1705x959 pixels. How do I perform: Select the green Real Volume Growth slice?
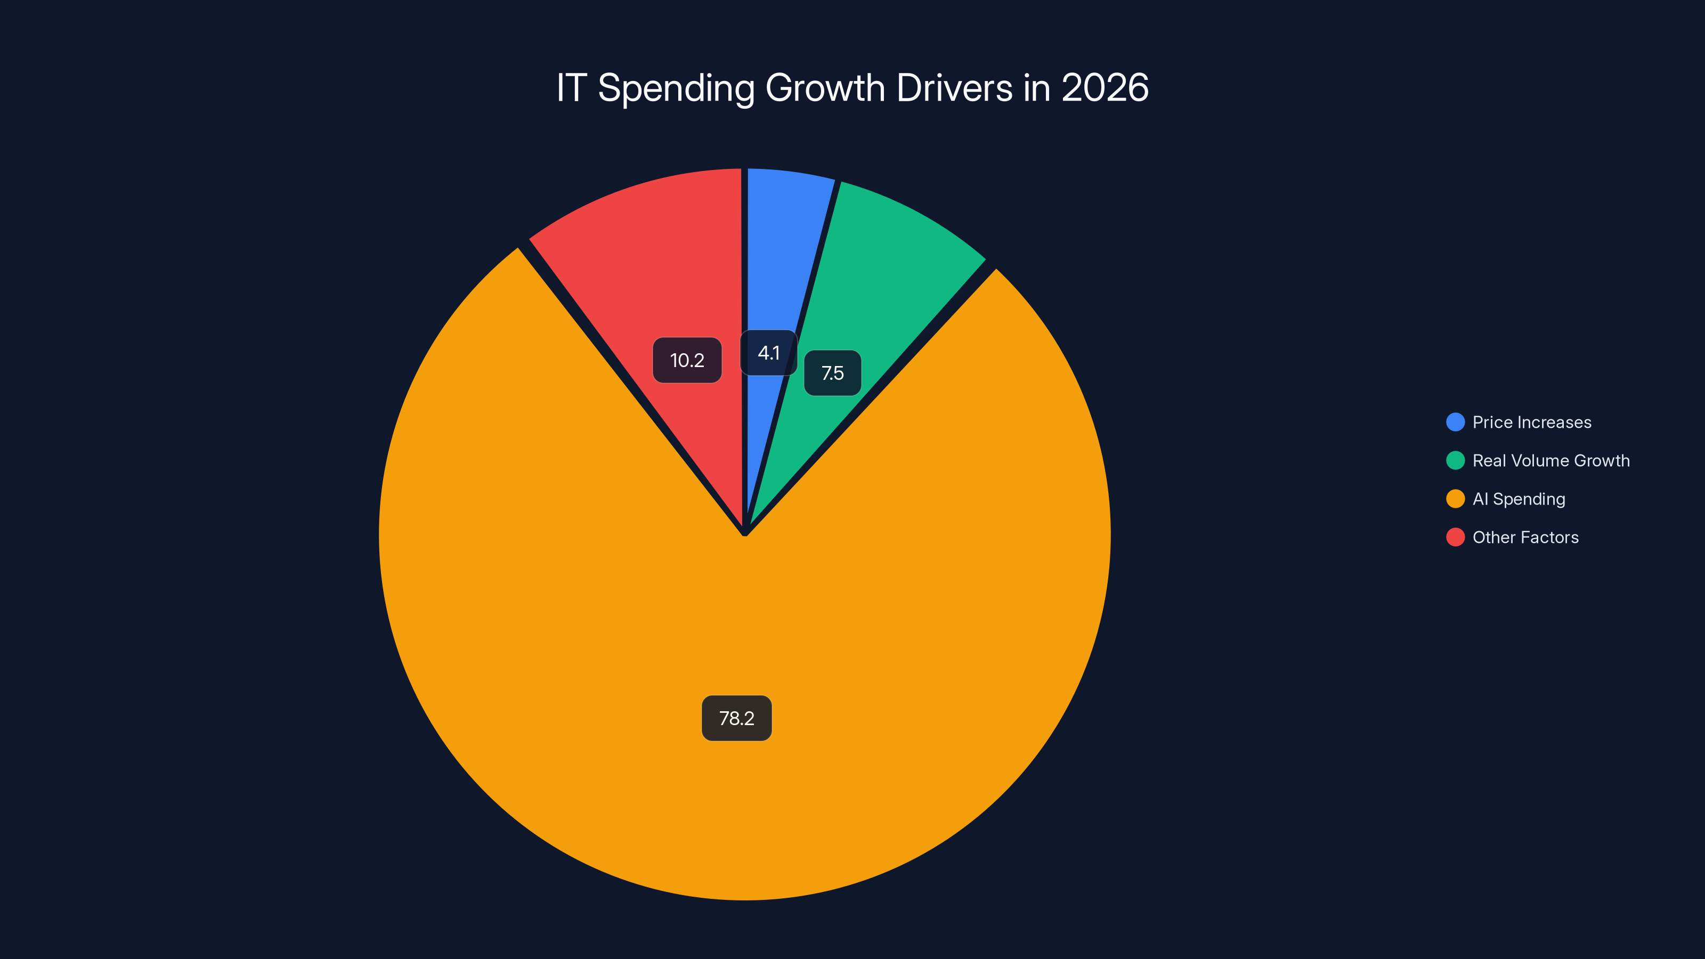click(880, 278)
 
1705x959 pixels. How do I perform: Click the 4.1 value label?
click(768, 353)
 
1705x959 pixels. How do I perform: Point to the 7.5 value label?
click(832, 373)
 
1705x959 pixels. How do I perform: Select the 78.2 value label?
click(736, 718)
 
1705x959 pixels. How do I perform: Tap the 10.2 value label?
click(687, 360)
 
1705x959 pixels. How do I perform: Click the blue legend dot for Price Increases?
click(1455, 422)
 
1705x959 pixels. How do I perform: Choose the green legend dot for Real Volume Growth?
click(1455, 461)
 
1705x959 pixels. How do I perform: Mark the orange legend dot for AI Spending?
click(1455, 499)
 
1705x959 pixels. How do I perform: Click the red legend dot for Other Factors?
click(1455, 538)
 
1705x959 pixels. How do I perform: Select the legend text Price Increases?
click(1532, 422)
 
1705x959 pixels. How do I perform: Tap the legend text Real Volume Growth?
click(1551, 461)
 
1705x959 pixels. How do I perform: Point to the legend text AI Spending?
click(1519, 499)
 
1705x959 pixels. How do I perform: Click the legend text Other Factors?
click(1525, 538)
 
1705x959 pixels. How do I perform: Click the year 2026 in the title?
click(1105, 87)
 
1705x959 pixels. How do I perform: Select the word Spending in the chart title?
click(675, 88)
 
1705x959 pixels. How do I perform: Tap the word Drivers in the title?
click(954, 87)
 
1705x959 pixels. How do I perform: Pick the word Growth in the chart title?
click(825, 87)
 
